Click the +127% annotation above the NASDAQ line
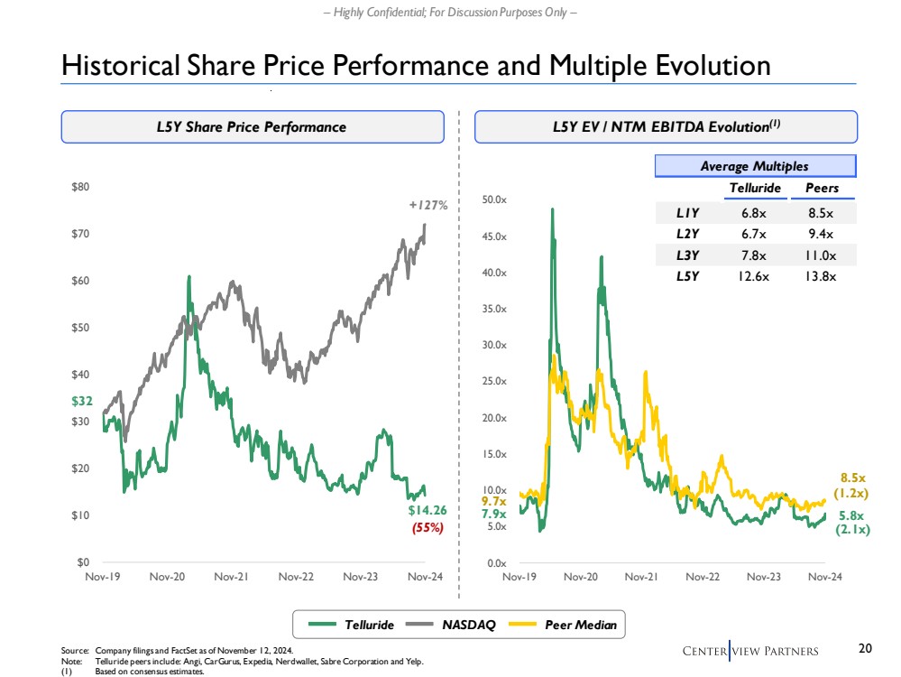428,205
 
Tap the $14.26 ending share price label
426,512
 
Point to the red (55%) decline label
428,528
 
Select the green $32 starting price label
81,399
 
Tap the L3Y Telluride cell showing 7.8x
748,255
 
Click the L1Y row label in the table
688,214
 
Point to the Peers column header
821,188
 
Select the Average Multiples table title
754,166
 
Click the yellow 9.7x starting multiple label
493,500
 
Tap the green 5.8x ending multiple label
852,515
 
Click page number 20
866,648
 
